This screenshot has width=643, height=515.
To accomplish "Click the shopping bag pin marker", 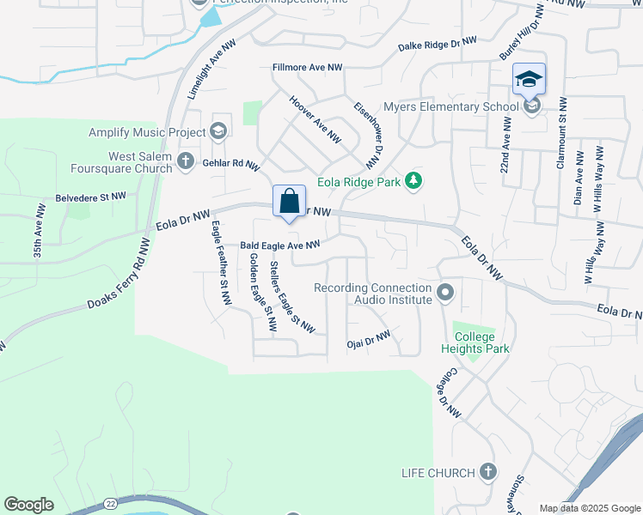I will coord(290,202).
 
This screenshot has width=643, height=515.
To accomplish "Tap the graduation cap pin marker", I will coord(529,80).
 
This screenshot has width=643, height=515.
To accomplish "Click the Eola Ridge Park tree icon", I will coord(414,179).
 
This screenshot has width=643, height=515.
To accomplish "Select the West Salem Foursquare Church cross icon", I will coord(185,160).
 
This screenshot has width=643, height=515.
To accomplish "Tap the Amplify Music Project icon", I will coord(218,130).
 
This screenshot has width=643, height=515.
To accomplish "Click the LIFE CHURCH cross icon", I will coord(487,471).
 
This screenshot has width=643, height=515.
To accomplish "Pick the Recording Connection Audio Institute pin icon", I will coord(445,294).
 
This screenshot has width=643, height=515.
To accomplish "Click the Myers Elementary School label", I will coord(450,106).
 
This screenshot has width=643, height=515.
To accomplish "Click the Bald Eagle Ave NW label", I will coord(279,245).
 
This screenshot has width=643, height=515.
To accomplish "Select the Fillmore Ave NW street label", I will coord(307,67).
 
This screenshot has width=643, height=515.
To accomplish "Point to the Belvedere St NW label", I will coord(90,197).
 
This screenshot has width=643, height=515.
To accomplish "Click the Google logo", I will coord(28,505).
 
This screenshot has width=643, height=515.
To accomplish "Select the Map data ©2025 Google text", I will coord(589,508).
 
